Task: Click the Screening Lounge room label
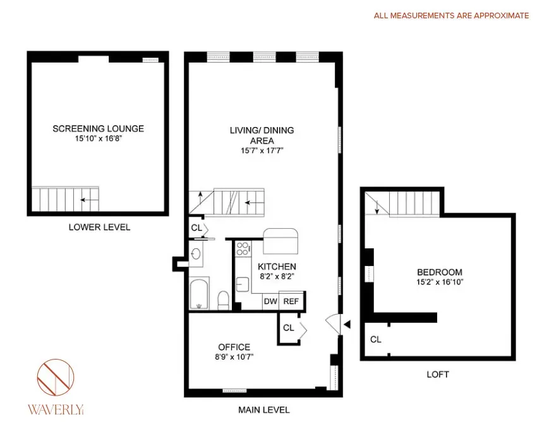[x=98, y=128]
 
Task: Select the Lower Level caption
[x=99, y=227]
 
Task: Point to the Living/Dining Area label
[x=262, y=135]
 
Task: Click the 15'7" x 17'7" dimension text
[x=262, y=151]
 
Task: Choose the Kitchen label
[x=277, y=267]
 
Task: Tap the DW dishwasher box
[x=270, y=302]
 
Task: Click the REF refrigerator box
[x=291, y=302]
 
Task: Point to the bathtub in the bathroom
[x=200, y=294]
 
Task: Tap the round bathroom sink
[x=196, y=255]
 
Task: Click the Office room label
[x=234, y=347]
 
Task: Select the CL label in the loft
[x=376, y=339]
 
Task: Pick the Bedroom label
[x=439, y=272]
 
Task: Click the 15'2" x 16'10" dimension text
[x=439, y=282]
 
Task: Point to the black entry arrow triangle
[x=346, y=325]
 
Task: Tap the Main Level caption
[x=263, y=410]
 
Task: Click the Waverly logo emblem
[x=56, y=380]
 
